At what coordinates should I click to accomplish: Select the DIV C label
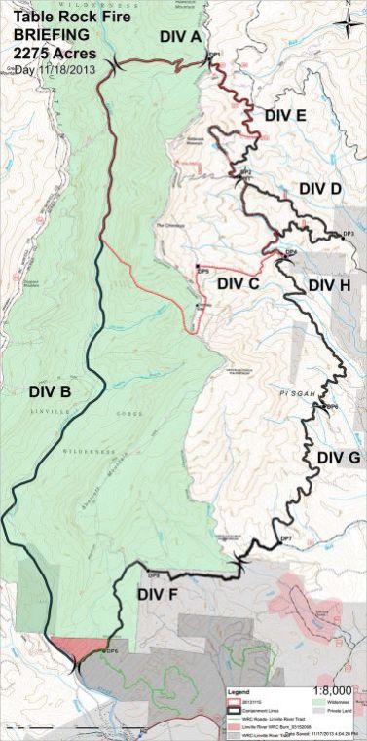coord(238,284)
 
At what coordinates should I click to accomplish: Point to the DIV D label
coord(320,188)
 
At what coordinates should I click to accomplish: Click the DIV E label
coord(285,115)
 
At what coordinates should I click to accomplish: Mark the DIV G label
coord(338,457)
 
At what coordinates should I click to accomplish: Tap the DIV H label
coord(328,285)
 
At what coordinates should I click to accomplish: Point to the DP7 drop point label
coord(286,538)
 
